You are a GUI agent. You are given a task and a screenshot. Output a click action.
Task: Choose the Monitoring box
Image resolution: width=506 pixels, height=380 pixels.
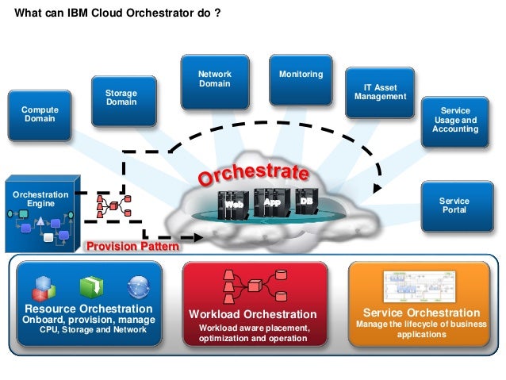click(301, 79)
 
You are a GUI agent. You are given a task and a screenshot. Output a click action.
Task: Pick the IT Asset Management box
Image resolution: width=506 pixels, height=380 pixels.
click(380, 92)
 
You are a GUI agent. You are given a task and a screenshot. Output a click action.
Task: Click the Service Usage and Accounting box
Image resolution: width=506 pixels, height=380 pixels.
click(455, 121)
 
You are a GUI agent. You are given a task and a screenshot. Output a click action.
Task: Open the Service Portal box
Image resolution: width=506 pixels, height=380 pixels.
click(454, 205)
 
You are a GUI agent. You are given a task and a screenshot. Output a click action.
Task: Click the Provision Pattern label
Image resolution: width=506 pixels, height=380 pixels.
click(132, 247)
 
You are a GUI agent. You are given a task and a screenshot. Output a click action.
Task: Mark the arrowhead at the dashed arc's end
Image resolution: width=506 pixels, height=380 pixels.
click(378, 189)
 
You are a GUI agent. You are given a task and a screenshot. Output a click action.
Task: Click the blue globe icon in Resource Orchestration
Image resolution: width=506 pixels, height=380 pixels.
click(137, 286)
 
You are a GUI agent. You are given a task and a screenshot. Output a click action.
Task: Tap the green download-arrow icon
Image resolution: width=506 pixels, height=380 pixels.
click(88, 286)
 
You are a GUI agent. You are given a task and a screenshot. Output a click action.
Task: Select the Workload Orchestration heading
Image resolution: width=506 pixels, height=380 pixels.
click(252, 315)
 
